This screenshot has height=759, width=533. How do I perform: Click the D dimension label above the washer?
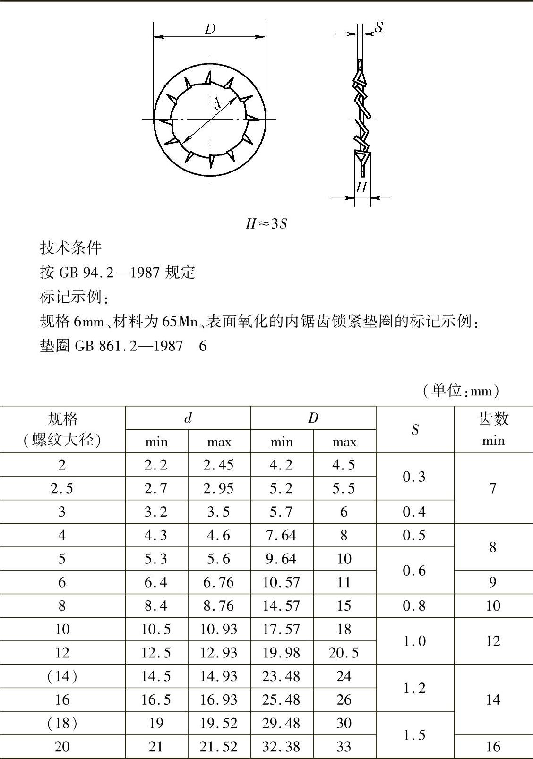tap(210, 29)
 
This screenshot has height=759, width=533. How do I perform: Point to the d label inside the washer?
tap(217, 102)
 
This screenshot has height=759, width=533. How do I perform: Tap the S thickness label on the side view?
tap(378, 27)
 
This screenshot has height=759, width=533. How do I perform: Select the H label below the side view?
tap(361, 188)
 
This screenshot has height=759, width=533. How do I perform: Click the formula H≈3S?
tap(266, 223)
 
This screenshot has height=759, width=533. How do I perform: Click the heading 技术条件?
tap(70, 248)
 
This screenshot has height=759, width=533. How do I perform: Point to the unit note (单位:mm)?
tap(460, 391)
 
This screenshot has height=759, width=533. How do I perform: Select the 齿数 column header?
tap(493, 418)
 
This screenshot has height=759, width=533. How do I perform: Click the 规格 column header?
tap(62, 418)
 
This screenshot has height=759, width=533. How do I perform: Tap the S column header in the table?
tap(414, 429)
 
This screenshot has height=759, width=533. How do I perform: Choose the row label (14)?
tap(62, 676)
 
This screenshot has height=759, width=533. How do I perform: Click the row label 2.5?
tap(62, 488)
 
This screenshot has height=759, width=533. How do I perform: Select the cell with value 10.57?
tap(281, 582)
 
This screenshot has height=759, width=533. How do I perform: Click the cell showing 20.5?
tap(344, 653)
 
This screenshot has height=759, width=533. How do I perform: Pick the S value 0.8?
tap(414, 606)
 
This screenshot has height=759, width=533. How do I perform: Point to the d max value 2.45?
tap(219, 465)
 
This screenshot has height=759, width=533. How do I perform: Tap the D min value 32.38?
tap(281, 747)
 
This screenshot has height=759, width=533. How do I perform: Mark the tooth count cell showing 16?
tap(493, 747)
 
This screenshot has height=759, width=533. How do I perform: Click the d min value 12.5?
tap(156, 653)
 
